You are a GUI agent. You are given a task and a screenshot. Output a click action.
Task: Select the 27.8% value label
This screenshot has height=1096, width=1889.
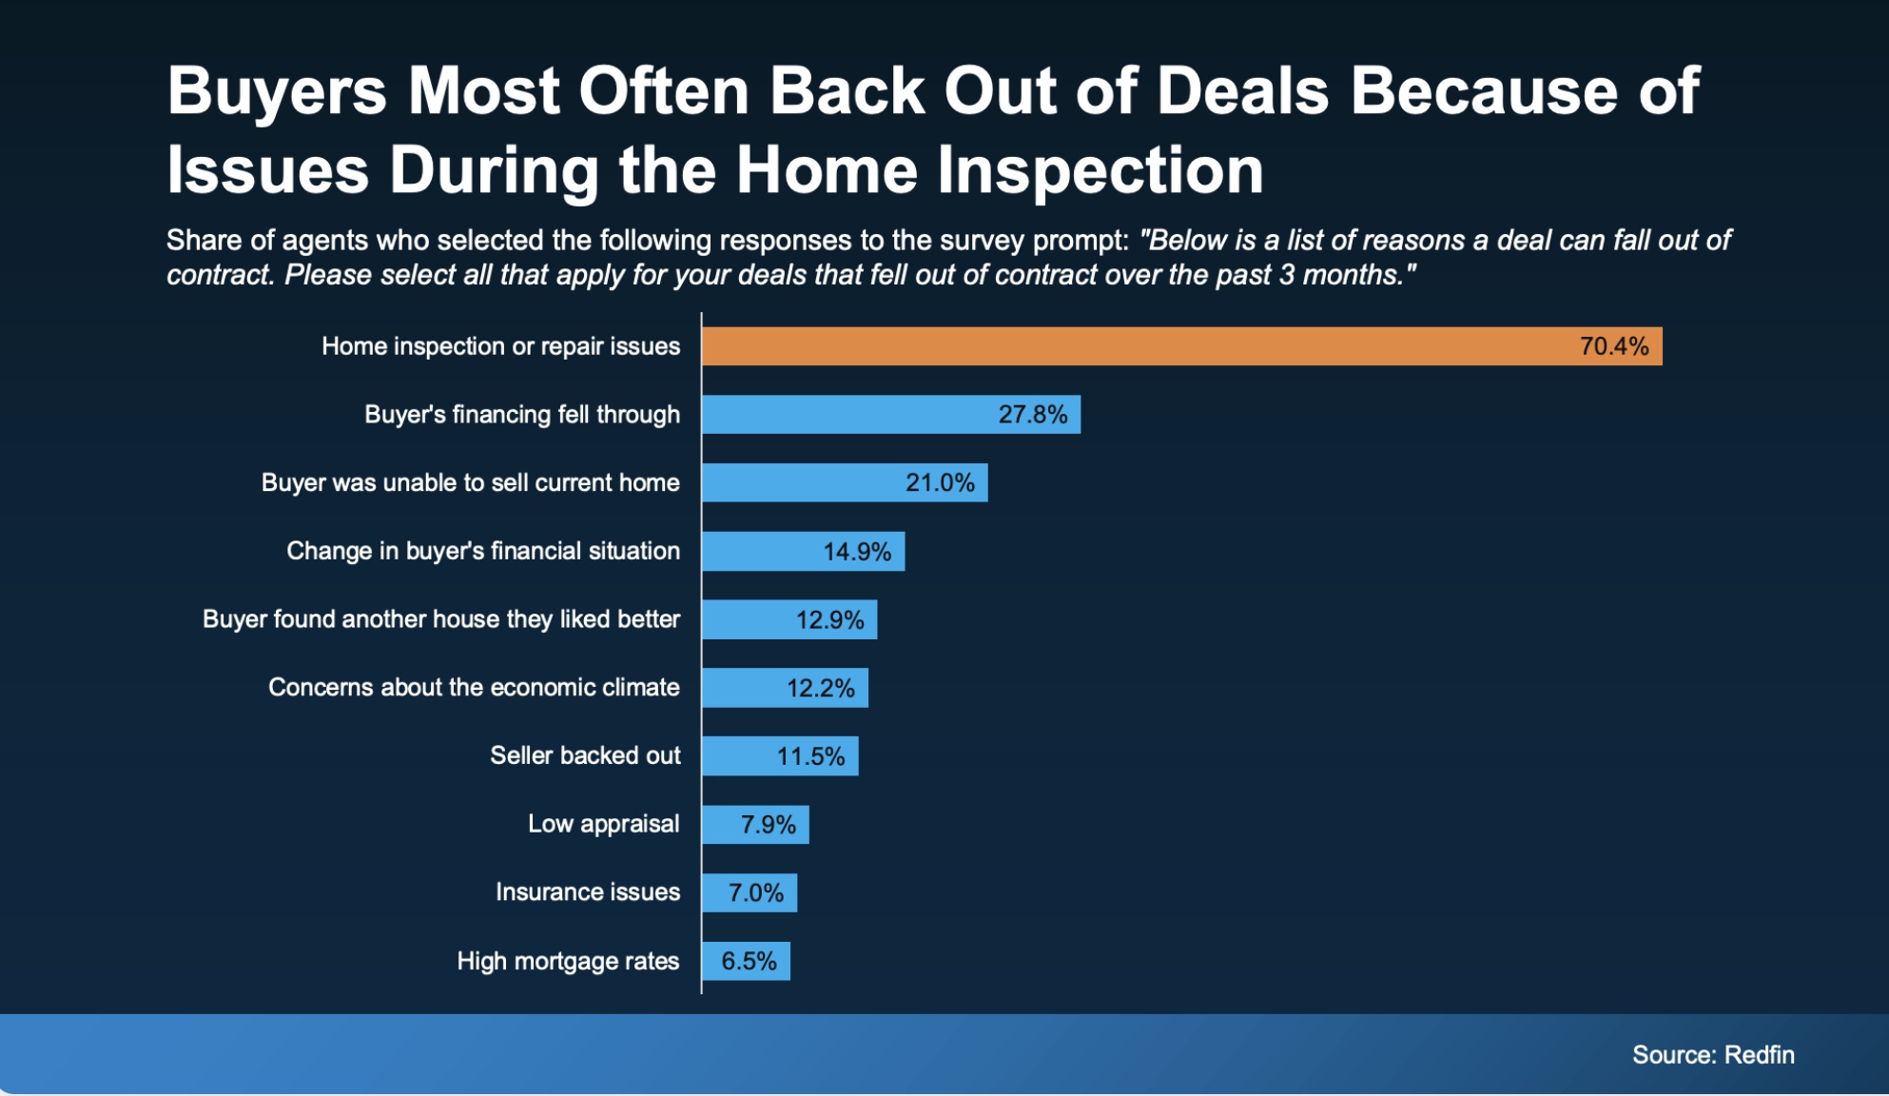(x=1032, y=415)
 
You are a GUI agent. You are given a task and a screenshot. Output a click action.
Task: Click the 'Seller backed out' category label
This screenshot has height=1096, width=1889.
(x=585, y=756)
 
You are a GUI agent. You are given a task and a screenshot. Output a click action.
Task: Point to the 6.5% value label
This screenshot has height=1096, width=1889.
(x=749, y=961)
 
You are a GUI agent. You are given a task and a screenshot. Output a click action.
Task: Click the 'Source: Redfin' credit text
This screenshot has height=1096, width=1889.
(x=1713, y=1055)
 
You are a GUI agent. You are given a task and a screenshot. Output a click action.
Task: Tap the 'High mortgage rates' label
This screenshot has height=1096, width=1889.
(x=568, y=961)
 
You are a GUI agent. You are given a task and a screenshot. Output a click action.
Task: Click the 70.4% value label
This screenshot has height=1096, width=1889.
(x=1613, y=346)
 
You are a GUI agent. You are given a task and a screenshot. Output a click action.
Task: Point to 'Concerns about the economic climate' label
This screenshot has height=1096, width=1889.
(x=474, y=688)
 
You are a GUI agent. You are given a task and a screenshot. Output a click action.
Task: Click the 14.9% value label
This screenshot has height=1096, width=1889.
(x=856, y=552)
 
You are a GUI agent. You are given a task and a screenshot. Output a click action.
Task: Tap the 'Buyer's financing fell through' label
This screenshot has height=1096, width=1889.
(x=522, y=415)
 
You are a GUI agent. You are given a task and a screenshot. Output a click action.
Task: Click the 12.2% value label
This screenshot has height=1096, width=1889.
(x=820, y=688)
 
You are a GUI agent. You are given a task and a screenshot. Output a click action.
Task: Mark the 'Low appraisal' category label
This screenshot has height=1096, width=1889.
(x=603, y=824)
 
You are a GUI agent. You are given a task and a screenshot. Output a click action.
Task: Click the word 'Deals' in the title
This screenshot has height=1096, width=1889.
(x=1242, y=91)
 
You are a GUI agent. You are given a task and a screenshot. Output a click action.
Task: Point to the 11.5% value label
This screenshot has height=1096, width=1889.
(x=810, y=756)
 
